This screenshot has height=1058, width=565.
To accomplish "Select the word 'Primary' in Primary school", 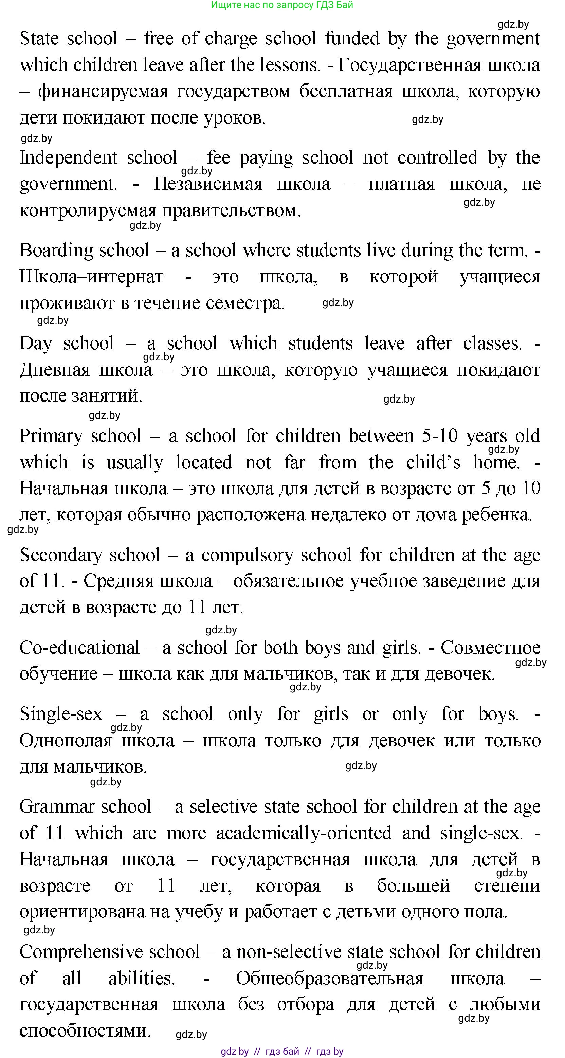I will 51,436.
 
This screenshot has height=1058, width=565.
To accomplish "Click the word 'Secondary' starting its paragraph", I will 60,555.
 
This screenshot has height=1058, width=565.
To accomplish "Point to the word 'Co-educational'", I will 79,648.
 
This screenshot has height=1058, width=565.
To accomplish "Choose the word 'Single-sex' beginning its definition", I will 61,714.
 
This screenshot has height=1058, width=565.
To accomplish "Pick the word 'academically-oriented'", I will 304,833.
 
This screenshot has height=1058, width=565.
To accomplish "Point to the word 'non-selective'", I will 289,952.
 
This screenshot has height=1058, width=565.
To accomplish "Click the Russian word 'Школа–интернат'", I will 91,277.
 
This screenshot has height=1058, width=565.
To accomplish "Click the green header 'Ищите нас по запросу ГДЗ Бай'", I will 282,5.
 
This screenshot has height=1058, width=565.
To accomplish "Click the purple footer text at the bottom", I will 282,1052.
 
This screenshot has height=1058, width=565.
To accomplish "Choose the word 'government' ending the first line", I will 493,39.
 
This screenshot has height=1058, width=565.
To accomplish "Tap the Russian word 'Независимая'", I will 208,184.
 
